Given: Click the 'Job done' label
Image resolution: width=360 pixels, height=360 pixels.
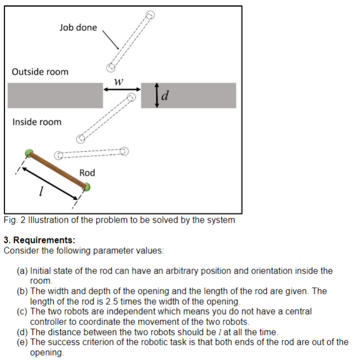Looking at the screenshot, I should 78,27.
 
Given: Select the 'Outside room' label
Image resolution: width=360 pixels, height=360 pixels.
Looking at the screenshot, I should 40,72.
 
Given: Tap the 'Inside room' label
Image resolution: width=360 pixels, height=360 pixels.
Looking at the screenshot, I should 37,121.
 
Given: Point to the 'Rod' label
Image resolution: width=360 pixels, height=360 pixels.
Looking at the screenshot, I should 87,173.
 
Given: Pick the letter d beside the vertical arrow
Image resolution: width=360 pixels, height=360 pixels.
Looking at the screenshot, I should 166,96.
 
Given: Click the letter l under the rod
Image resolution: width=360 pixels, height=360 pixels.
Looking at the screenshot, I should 41,192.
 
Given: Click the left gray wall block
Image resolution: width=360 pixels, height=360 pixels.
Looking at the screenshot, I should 55,95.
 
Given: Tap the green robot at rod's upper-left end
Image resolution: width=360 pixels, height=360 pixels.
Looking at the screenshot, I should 30,153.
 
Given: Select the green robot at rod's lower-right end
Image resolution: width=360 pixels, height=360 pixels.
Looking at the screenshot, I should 86,188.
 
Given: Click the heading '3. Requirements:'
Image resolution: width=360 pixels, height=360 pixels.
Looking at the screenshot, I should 39,240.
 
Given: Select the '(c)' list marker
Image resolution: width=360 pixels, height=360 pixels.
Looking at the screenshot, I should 23,311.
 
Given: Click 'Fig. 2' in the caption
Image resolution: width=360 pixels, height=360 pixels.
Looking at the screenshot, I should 14,220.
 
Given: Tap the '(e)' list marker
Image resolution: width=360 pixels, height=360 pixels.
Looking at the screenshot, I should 23,342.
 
